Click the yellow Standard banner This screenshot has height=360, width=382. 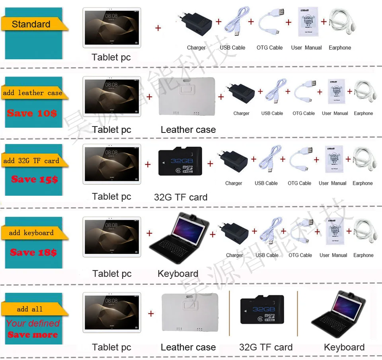31,24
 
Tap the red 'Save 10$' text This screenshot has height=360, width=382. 32,113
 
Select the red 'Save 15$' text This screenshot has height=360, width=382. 34,179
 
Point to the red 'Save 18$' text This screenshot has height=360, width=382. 33,252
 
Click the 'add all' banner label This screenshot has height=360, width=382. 30,309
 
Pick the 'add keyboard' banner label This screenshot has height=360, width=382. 31,233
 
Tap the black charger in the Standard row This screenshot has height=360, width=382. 196,25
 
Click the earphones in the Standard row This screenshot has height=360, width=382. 340,24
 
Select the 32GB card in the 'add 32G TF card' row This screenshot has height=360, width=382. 181,162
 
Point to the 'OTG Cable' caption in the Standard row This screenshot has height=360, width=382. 269,48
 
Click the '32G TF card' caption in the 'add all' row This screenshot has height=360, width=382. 266,347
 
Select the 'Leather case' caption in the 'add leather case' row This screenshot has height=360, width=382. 188,130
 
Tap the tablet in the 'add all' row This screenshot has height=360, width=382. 111,313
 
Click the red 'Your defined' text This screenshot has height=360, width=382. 33,323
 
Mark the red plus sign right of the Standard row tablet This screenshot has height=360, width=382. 158,28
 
